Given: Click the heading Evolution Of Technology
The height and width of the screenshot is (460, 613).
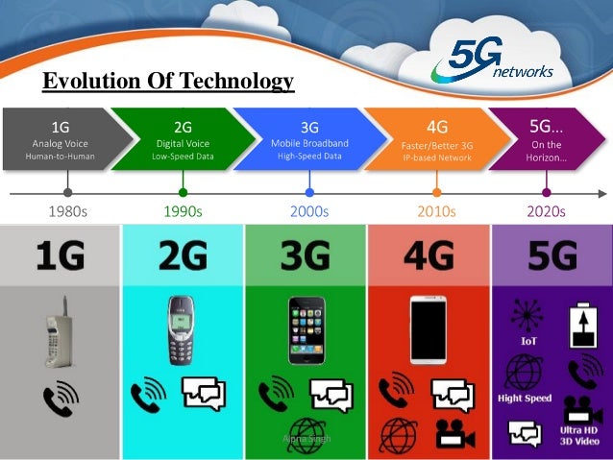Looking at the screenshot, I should coord(168,84).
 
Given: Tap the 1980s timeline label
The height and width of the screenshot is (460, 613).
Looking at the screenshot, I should coord(67,210).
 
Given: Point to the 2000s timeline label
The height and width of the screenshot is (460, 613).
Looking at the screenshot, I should coord(309,210).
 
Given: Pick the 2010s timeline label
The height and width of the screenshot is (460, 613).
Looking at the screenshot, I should coord(436,210).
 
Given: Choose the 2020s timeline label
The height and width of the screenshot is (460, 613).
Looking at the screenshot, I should coord(545,210).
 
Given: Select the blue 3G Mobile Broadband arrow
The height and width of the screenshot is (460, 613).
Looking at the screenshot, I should coord(307,139).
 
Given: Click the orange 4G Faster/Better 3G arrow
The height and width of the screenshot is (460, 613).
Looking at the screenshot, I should coord(434,139).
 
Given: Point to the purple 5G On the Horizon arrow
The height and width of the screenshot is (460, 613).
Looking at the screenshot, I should coord(548,139).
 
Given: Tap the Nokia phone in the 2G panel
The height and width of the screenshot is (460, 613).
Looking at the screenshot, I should coord(181,329).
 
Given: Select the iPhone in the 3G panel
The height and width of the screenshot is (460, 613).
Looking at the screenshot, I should coord(306,329).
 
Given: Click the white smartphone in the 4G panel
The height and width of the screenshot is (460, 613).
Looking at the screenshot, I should coord(429,329).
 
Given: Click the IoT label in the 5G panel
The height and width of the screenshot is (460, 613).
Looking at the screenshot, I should coord(527,340).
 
